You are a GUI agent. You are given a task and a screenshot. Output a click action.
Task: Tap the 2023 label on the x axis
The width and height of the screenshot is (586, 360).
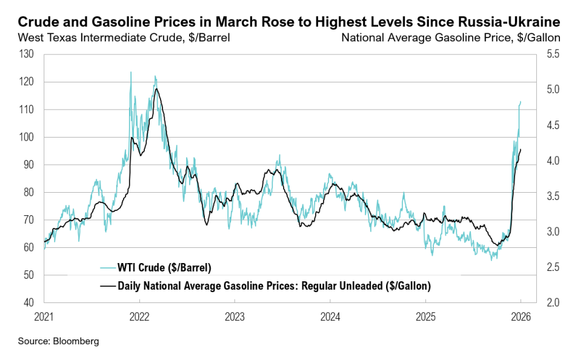(x=235, y=317)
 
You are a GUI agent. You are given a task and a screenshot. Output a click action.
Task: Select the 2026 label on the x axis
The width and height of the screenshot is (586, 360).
(x=521, y=317)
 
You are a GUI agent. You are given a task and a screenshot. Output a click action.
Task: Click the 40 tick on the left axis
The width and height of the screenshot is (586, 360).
(x=29, y=302)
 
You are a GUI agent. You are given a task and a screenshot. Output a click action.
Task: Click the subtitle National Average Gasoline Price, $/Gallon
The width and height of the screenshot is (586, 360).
(x=450, y=38)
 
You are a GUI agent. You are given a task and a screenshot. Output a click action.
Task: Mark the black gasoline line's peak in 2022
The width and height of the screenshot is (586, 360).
(x=156, y=89)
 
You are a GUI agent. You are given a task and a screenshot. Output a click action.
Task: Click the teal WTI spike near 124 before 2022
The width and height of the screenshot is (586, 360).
(x=130, y=72)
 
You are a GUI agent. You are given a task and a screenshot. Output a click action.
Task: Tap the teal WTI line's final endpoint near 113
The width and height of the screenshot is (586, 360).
(x=521, y=101)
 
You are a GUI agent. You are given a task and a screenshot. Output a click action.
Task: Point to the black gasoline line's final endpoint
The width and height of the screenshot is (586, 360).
(x=521, y=149)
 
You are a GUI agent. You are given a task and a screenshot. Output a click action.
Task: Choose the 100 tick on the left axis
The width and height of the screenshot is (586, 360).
(x=27, y=137)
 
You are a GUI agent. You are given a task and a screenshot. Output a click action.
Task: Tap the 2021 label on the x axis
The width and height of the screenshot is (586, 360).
(x=44, y=317)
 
